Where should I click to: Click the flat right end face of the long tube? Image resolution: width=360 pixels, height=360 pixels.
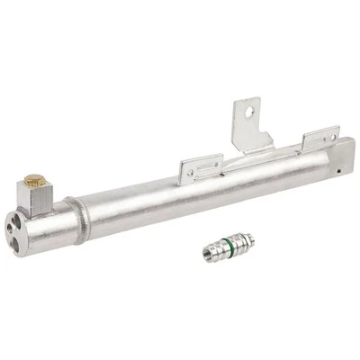coord(345,153)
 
